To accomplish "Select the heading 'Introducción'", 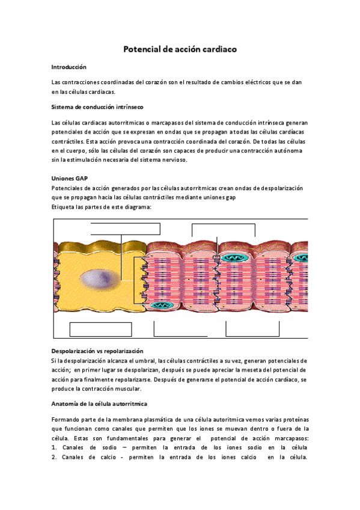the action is coord(69,67).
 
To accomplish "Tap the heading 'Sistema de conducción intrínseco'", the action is coord(97,106).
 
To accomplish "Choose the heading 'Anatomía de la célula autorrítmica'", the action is coord(100,404).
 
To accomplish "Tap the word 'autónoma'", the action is coord(289,150).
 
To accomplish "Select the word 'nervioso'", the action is coord(175,159).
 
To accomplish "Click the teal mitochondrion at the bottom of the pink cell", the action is coord(158,306).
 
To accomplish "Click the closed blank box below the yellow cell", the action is coord(100,330).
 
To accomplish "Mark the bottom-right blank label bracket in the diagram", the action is coord(252,329).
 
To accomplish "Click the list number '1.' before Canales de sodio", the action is coord(55,448).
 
